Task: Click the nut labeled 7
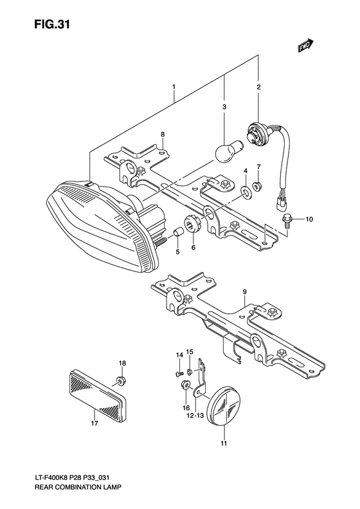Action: [x=257, y=187]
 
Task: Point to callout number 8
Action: [x=163, y=134]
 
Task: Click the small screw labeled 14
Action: [x=179, y=373]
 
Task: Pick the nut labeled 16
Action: [x=184, y=387]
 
